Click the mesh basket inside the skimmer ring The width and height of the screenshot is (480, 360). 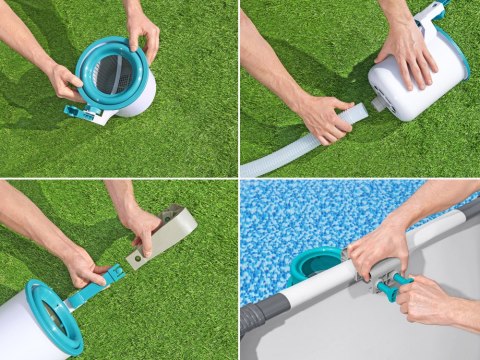[x=113, y=75]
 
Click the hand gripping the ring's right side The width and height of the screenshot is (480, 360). [x=143, y=31]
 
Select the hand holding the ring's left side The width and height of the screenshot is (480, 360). [x=66, y=80]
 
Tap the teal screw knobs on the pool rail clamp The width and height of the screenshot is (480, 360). [x=391, y=284]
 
